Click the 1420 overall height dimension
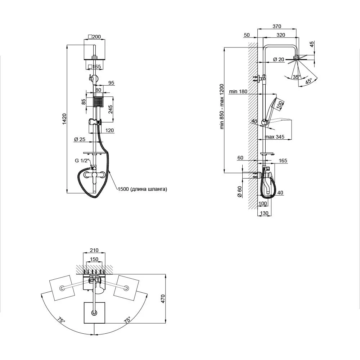click(x=64, y=119)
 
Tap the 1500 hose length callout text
click(x=142, y=189)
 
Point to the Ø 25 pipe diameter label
click(x=80, y=139)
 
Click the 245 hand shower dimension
click(x=111, y=109)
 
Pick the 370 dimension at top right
click(x=277, y=26)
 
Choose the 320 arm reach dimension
click(x=281, y=35)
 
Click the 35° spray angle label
click(x=296, y=77)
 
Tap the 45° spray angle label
click(x=309, y=81)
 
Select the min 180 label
click(x=238, y=91)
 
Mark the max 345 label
click(x=274, y=137)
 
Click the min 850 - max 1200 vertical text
click(x=221, y=107)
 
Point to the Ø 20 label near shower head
click(x=279, y=59)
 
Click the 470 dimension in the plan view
click(x=163, y=299)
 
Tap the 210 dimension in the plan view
click(x=94, y=250)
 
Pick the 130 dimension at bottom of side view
click(x=264, y=213)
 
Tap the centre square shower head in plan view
click(x=94, y=313)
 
